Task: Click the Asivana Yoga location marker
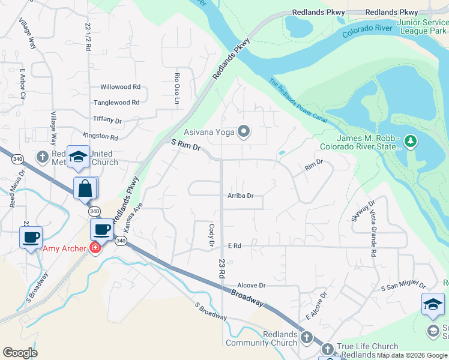click(x=244, y=131)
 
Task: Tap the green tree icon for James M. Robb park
click(x=411, y=142)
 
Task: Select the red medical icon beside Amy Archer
click(x=95, y=248)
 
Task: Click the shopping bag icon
click(x=85, y=188)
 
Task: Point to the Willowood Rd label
click(x=120, y=87)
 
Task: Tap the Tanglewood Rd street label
click(x=116, y=103)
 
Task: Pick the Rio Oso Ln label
click(x=177, y=89)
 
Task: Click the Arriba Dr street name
click(x=240, y=196)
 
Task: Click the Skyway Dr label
click(x=363, y=211)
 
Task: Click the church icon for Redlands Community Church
click(x=307, y=337)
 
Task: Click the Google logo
click(x=20, y=353)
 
